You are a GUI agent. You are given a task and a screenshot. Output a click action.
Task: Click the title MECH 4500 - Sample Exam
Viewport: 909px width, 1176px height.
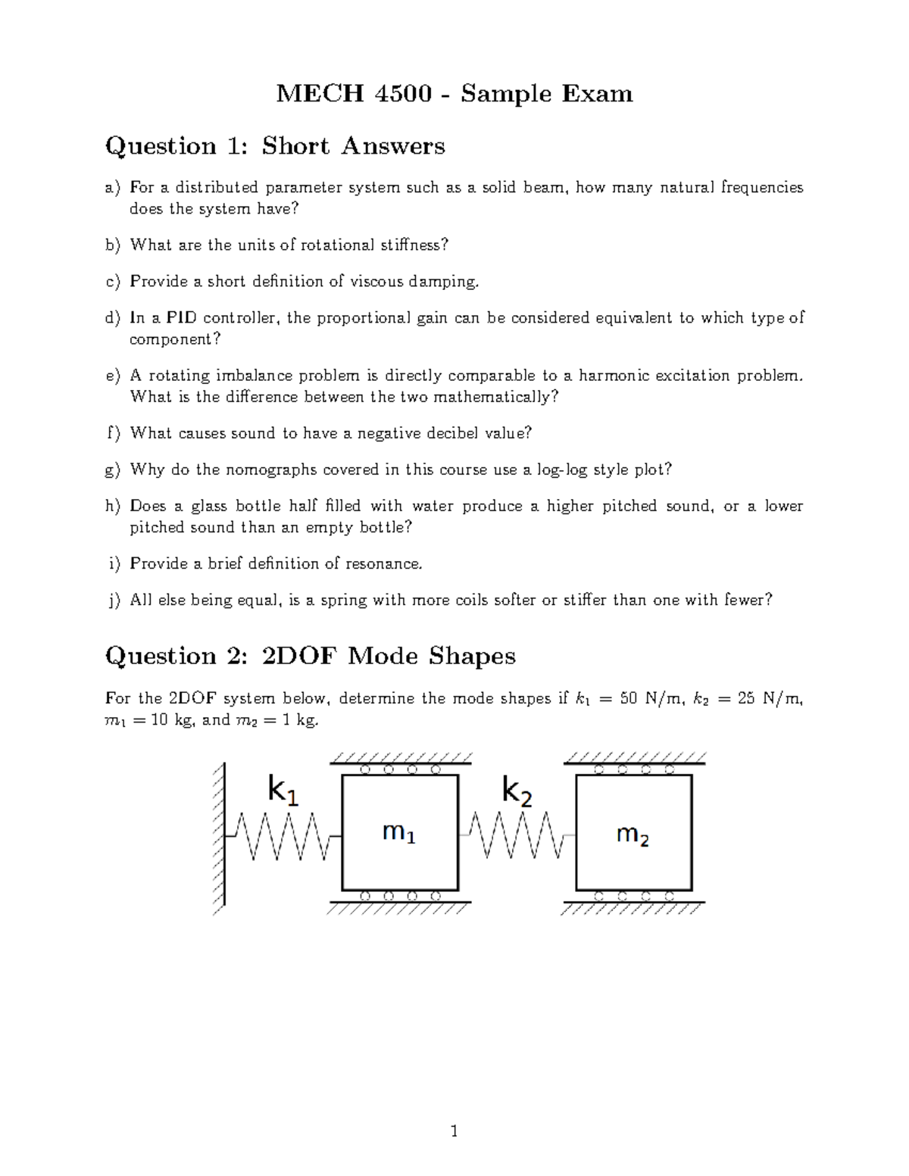click(454, 94)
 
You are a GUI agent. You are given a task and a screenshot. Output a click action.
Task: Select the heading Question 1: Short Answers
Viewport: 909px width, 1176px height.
click(275, 145)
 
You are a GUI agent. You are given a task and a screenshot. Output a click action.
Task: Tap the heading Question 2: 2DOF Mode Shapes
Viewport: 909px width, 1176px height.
click(311, 655)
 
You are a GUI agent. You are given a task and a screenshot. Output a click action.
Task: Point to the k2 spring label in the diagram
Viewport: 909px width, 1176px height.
click(517, 792)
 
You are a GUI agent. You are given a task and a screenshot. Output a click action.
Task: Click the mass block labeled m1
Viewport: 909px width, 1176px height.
click(400, 832)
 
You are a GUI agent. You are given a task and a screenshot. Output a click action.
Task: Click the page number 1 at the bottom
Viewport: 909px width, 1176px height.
click(454, 1132)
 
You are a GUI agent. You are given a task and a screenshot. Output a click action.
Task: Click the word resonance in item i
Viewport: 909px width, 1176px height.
click(383, 563)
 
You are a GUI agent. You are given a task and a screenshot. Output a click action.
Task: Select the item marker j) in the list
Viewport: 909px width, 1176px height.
click(114, 600)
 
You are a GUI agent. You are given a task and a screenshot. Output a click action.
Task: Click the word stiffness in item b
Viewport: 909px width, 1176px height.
click(416, 245)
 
